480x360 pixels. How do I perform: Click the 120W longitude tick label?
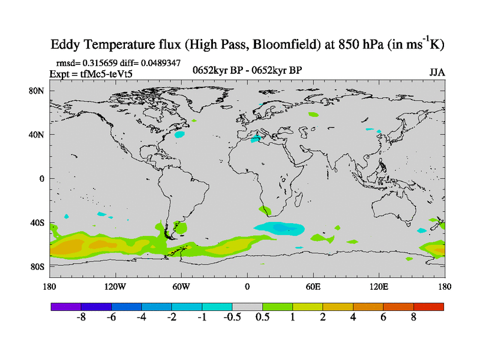click(x=115, y=287)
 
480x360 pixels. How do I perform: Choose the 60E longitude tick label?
click(x=313, y=287)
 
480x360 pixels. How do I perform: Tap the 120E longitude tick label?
click(x=379, y=287)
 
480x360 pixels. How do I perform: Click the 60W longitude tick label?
click(x=181, y=287)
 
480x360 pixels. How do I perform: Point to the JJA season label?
click(x=437, y=73)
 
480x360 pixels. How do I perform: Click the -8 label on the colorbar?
click(x=82, y=318)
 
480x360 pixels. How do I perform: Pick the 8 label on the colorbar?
click(x=413, y=318)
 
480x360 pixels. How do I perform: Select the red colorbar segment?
click(x=428, y=307)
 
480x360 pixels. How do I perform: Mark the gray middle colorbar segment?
click(x=247, y=307)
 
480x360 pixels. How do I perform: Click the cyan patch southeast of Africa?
click(x=279, y=228)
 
